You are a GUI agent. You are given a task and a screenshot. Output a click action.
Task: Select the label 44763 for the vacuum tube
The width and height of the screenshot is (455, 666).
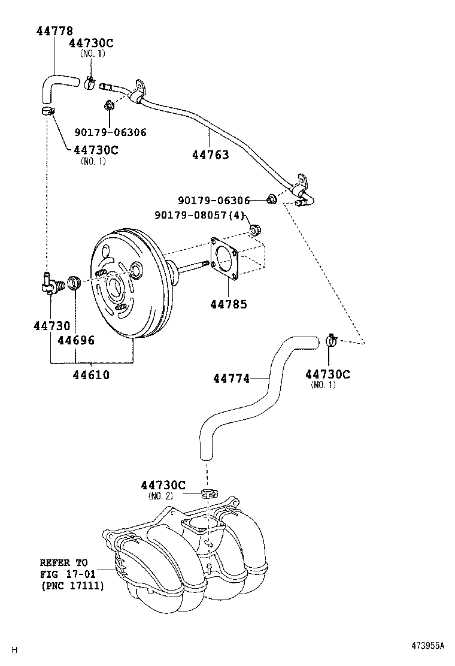click(210, 155)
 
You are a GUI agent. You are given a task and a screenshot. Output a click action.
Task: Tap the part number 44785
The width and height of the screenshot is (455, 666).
click(228, 304)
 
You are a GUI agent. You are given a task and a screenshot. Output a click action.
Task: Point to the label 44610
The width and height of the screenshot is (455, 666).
click(91, 376)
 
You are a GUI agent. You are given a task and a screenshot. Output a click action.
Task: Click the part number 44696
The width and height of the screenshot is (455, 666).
click(75, 341)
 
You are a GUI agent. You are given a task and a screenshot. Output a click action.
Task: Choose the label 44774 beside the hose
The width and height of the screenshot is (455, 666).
click(231, 378)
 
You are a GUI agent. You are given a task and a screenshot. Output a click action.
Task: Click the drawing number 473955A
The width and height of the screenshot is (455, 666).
click(427, 646)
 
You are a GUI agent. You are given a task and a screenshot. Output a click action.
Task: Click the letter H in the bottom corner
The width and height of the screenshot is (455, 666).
click(16, 649)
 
